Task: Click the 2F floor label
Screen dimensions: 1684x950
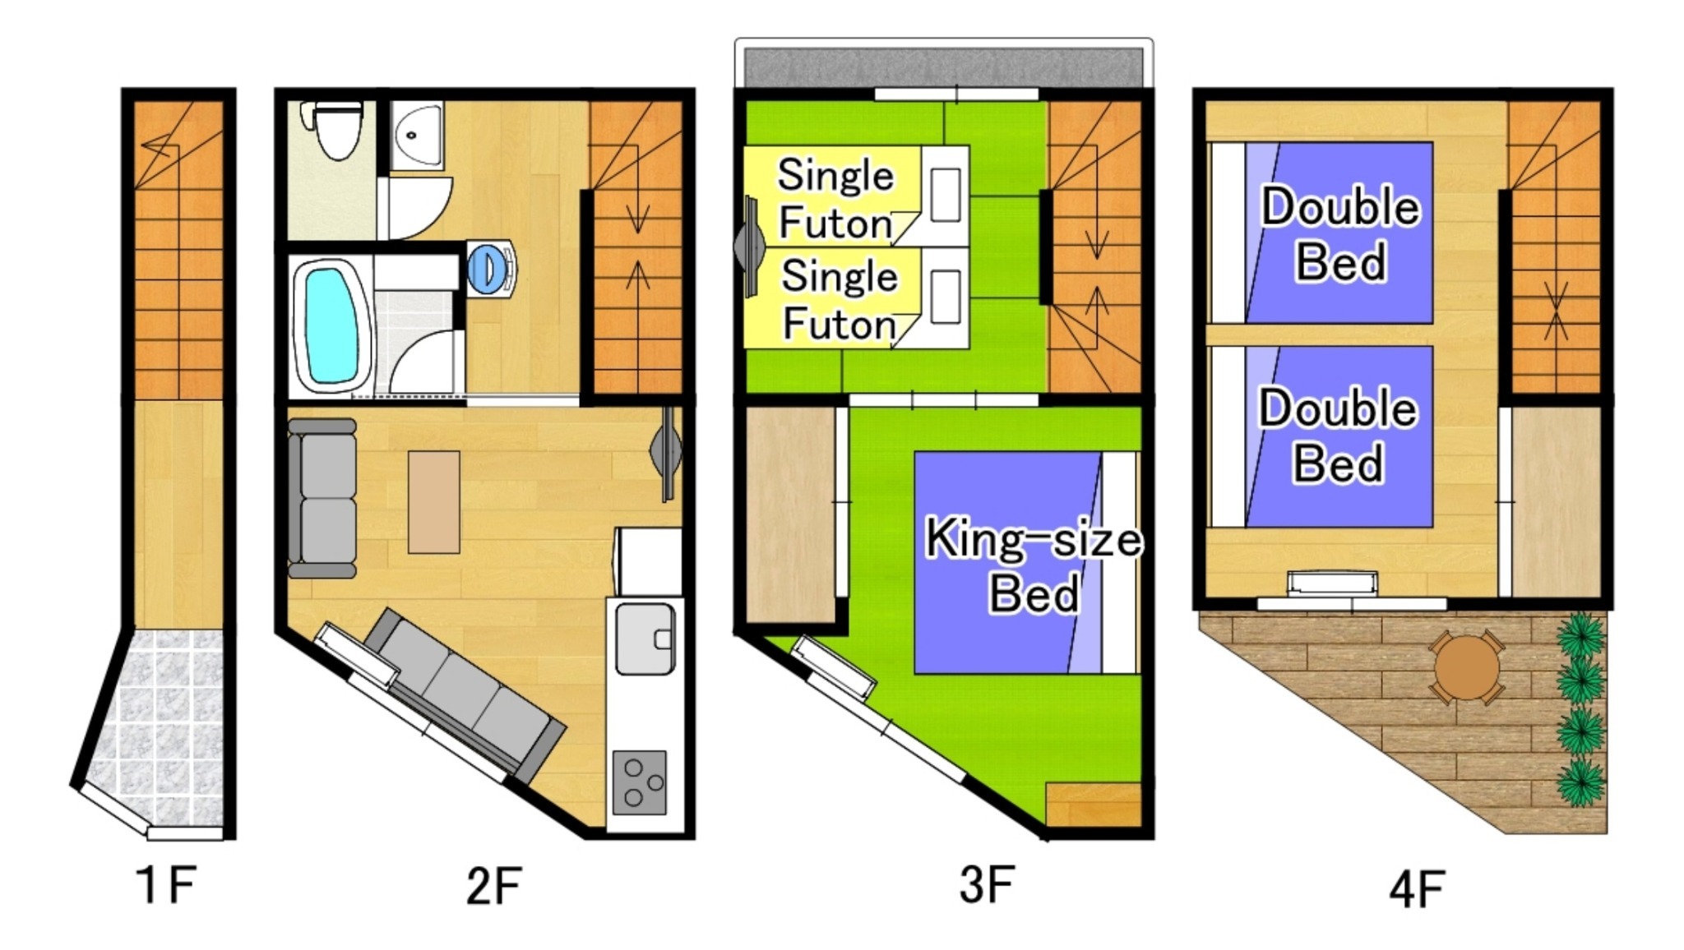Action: click(x=493, y=886)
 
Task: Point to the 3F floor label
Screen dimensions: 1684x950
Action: click(x=986, y=884)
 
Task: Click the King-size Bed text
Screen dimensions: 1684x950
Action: click(x=1034, y=565)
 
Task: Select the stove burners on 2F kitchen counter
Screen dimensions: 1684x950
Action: click(x=640, y=782)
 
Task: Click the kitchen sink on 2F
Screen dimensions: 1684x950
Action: click(x=645, y=639)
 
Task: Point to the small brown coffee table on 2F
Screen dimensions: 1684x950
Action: click(x=434, y=501)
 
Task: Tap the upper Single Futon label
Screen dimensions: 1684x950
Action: click(x=835, y=199)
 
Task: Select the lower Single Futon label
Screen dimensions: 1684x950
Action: click(x=838, y=299)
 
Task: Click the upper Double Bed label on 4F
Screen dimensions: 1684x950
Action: click(x=1340, y=233)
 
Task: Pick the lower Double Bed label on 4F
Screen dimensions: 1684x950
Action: click(x=1338, y=436)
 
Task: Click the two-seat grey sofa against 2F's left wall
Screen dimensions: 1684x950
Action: click(x=322, y=498)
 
